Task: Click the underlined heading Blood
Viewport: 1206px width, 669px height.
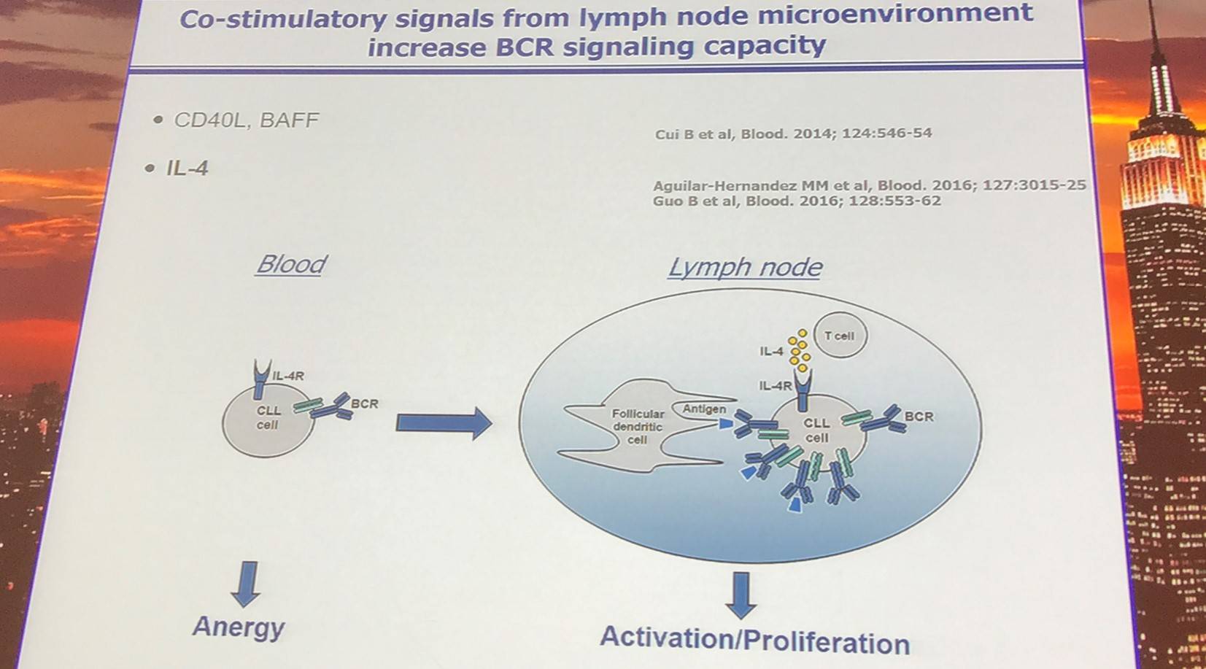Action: (291, 265)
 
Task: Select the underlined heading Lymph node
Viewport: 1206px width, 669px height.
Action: (745, 268)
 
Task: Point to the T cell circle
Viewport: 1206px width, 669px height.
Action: (840, 336)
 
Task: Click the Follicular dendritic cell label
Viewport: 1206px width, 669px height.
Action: (638, 427)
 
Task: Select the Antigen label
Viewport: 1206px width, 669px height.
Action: (704, 409)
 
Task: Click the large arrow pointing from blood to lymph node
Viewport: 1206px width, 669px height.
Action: (444, 423)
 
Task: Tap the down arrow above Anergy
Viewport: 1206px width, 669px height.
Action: (247, 584)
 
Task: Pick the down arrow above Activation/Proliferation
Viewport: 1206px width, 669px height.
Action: (741, 595)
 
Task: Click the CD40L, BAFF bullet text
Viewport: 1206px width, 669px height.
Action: (246, 120)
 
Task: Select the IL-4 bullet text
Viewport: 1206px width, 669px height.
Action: (187, 169)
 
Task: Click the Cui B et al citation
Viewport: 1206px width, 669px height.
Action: (793, 134)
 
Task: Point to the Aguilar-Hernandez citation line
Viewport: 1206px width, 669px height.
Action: (870, 186)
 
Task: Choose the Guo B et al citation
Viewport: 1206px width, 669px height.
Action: (797, 201)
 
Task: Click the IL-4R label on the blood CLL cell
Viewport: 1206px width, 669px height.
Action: (288, 376)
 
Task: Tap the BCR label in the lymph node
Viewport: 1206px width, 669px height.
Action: (919, 417)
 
